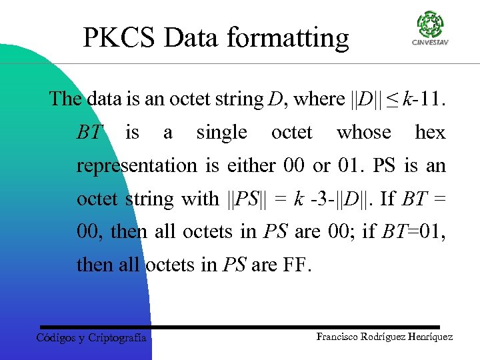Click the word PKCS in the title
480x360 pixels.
pyautogui.click(x=119, y=37)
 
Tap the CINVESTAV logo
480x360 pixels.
pyautogui.click(x=429, y=27)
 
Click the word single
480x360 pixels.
pyautogui.click(x=221, y=133)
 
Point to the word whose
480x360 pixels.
pyautogui.click(x=363, y=132)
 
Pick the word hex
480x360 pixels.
pyautogui.click(x=430, y=132)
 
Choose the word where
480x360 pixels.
pyautogui.click(x=319, y=99)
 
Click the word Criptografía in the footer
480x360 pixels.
pyautogui.click(x=117, y=338)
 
